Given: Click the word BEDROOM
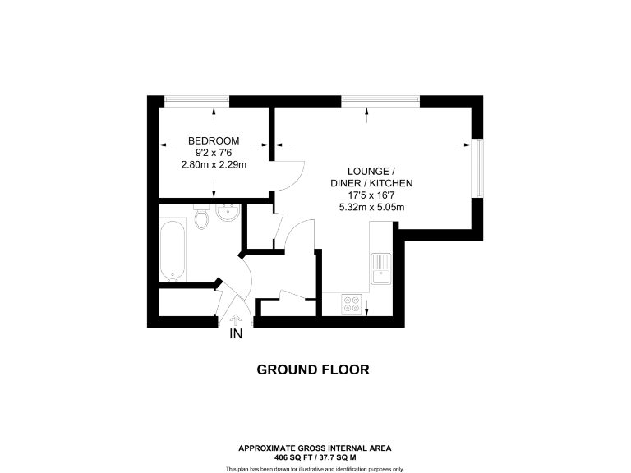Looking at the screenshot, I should pos(214,140).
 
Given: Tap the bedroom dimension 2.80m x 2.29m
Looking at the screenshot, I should pos(214,164).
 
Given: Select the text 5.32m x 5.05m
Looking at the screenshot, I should pos(371,207).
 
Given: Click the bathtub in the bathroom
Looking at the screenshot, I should pos(173,249).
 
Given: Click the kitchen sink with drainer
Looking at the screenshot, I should pos(380,269).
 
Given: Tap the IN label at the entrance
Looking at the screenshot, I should pos(237,334).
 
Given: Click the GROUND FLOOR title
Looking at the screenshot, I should pos(313,370).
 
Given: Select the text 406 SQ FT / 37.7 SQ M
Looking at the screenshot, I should pos(315,457).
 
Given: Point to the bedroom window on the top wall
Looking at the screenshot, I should pos(196,101).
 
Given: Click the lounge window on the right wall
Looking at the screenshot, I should pos(476,168).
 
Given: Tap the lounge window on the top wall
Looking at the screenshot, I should pos(380,101).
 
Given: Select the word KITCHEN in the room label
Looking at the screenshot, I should pos(390,182).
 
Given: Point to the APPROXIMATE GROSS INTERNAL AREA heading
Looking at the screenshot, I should pos(315,448).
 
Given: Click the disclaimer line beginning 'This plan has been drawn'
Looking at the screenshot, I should pos(315,468).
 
